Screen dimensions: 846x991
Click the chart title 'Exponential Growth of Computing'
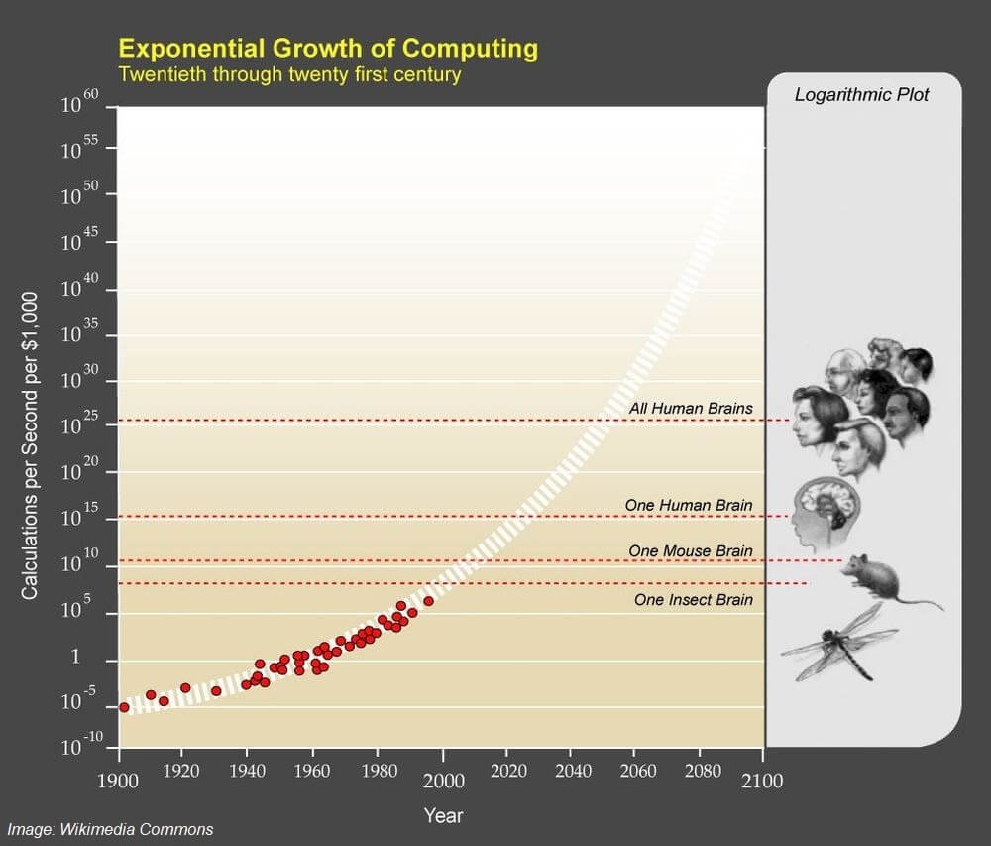[x=328, y=48]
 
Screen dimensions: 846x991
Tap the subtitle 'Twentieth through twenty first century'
[x=289, y=74]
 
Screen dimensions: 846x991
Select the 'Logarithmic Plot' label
[x=862, y=95]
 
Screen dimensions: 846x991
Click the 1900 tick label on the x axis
[x=120, y=781]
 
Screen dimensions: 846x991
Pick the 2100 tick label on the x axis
[x=763, y=781]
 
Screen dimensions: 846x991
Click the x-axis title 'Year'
[x=443, y=816]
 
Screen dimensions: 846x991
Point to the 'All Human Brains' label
[x=691, y=408]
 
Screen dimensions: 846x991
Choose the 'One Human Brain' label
[x=689, y=505]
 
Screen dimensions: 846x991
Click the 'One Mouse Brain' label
[x=691, y=550]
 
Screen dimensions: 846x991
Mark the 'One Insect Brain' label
[x=694, y=600]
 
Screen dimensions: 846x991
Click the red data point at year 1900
[x=124, y=707]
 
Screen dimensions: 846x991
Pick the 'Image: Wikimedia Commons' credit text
[x=111, y=829]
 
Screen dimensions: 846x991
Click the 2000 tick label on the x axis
[x=443, y=781]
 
